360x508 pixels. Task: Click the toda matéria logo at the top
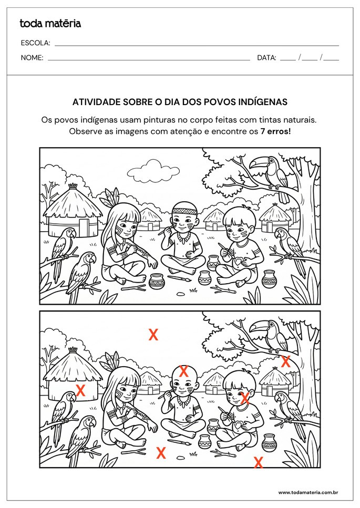tap(50, 24)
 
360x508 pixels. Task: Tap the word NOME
tap(32, 58)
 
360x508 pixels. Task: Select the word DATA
tap(266, 58)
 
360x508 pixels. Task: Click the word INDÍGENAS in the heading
tap(262, 102)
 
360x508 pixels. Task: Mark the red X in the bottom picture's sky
tap(153, 335)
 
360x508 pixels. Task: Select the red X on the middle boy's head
tap(184, 371)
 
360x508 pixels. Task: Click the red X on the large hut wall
tap(81, 390)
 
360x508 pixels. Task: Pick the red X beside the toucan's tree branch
tap(286, 361)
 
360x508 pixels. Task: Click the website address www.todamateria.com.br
tap(307, 492)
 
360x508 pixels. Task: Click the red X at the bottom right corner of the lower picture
tap(258, 462)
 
